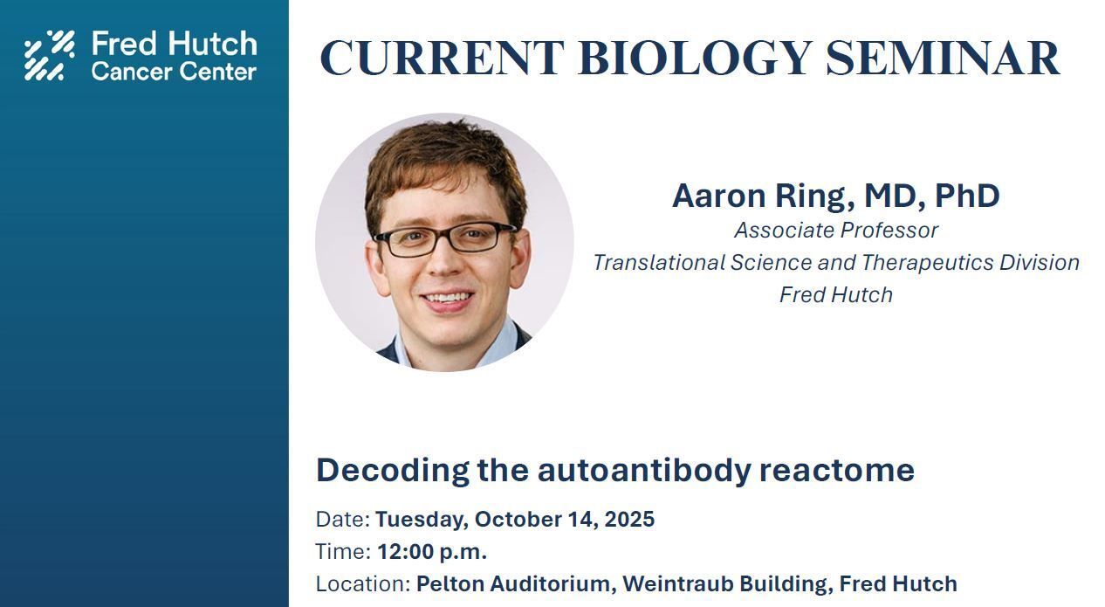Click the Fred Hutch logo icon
pos(50,55)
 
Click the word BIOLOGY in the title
pos(695,59)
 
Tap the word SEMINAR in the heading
pos(943,59)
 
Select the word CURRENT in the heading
pos(442,59)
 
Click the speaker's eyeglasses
pos(444,238)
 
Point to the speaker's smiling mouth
pos(447,299)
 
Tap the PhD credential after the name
pos(967,196)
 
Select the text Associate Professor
pos(836,231)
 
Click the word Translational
pos(659,263)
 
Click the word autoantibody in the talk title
pos(643,470)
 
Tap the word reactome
pos(837,471)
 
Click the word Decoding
pos(393,470)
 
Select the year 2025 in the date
pos(629,519)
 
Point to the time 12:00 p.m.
pos(432,552)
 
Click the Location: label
pos(363,583)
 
